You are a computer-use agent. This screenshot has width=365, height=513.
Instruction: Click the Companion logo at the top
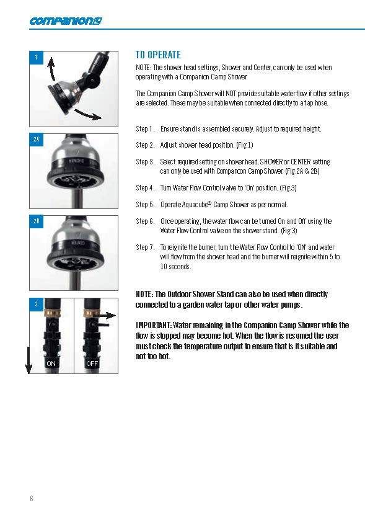click(66, 21)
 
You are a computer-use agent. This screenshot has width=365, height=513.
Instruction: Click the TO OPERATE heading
click(158, 55)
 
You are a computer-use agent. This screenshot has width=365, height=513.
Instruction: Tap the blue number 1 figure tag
click(37, 58)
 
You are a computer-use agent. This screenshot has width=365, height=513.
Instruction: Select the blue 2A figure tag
click(37, 140)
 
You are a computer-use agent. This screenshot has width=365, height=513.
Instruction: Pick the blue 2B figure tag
click(37, 221)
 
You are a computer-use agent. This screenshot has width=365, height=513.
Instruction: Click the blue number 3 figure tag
click(37, 305)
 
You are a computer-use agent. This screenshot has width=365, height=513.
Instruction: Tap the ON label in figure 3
click(51, 364)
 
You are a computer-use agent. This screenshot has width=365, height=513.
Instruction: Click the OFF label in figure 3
click(92, 364)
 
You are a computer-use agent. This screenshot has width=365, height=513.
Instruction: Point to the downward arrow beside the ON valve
click(29, 360)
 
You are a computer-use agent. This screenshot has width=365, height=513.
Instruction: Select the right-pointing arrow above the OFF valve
click(107, 316)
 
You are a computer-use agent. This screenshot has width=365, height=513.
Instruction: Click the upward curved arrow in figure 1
click(51, 69)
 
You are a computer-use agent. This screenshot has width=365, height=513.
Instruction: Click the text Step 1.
click(145, 129)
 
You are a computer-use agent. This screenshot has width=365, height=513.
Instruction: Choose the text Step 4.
click(145, 188)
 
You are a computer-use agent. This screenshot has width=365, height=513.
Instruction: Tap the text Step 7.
click(145, 248)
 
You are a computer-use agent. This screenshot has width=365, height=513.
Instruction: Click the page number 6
click(32, 498)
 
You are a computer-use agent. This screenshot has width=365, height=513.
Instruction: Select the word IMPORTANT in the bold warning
click(153, 325)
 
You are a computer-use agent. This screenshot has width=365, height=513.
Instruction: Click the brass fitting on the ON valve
click(52, 314)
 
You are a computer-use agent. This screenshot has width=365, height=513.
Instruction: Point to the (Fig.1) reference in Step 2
click(245, 145)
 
